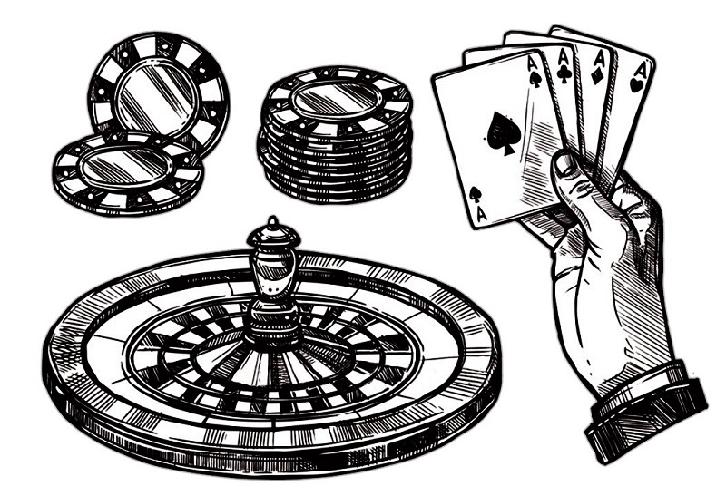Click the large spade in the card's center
point(502,132)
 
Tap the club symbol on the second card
point(564,74)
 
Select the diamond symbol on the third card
point(597,76)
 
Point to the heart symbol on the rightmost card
point(636,83)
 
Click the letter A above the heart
point(643,70)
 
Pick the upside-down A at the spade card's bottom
point(482,214)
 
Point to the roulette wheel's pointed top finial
point(273,222)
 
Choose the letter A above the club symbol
point(564,58)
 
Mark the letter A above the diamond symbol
point(600,60)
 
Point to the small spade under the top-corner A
point(535,80)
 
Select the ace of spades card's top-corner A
point(531,63)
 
